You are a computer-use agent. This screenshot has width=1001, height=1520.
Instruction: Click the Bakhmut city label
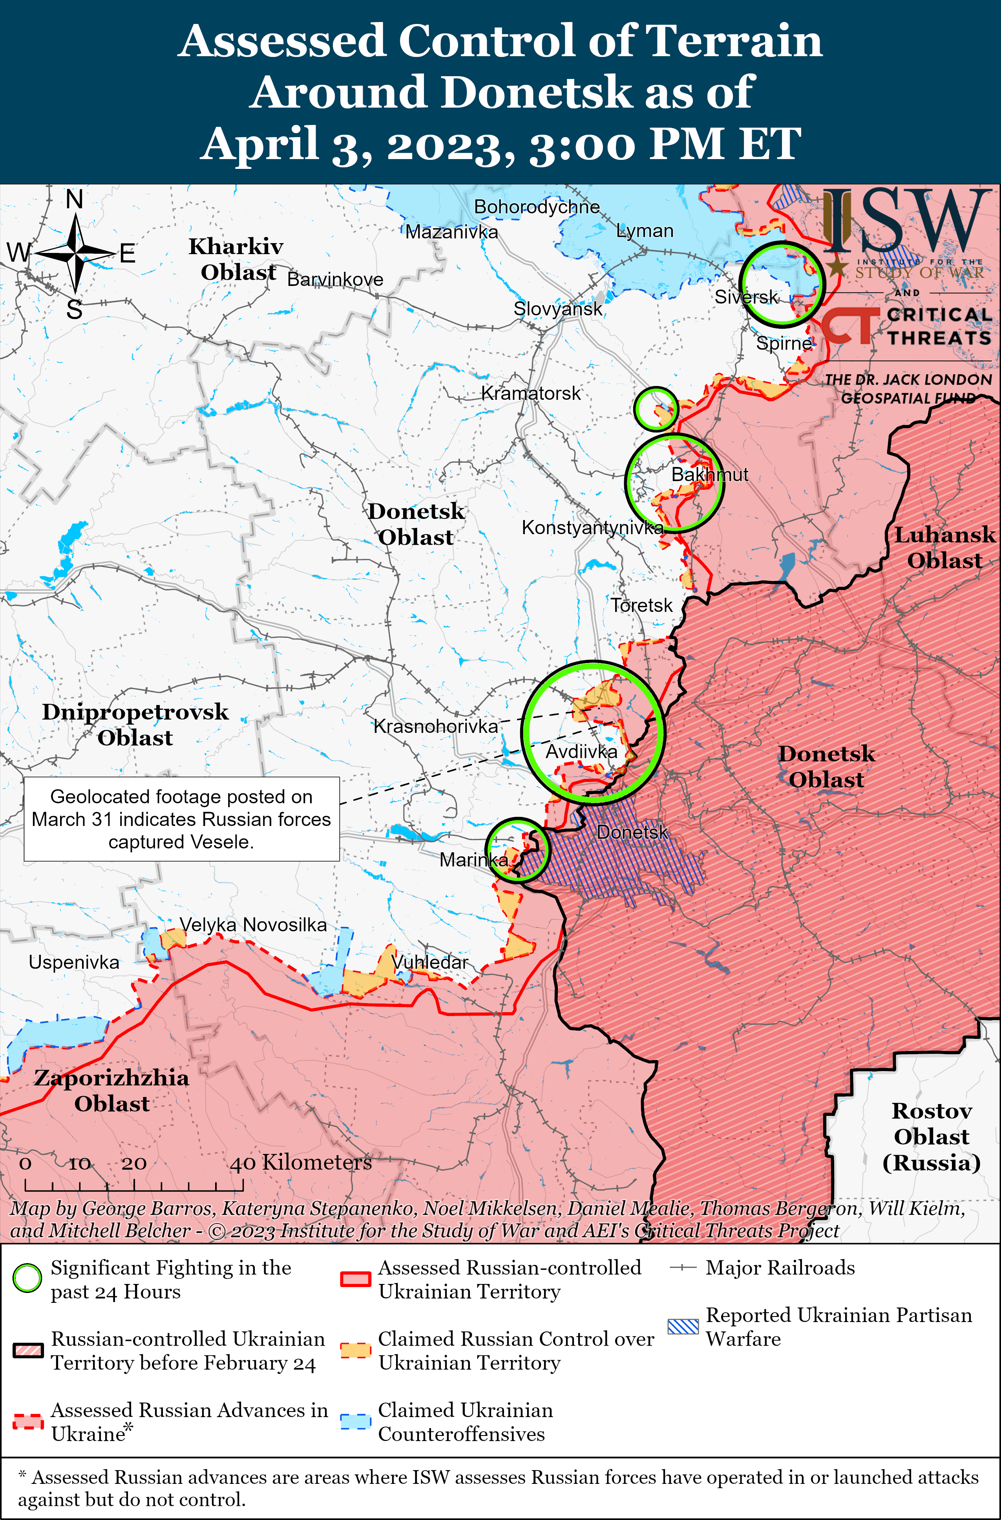[x=709, y=474]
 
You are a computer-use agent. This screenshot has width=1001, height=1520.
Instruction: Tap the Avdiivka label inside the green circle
[x=581, y=752]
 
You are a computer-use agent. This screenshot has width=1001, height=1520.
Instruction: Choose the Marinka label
[x=473, y=860]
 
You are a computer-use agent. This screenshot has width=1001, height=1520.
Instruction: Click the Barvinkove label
[x=335, y=279]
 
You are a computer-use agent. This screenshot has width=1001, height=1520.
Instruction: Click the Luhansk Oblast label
[x=944, y=548]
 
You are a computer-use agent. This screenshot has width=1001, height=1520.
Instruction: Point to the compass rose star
[x=75, y=254]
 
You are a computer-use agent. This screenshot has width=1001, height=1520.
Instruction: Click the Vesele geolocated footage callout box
[x=181, y=819]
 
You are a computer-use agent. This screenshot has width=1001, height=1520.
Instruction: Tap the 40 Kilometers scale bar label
[x=301, y=1162]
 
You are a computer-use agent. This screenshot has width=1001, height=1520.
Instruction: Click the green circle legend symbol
[x=27, y=1278]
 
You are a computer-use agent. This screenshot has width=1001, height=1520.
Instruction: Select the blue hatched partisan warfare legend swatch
[x=683, y=1326]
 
